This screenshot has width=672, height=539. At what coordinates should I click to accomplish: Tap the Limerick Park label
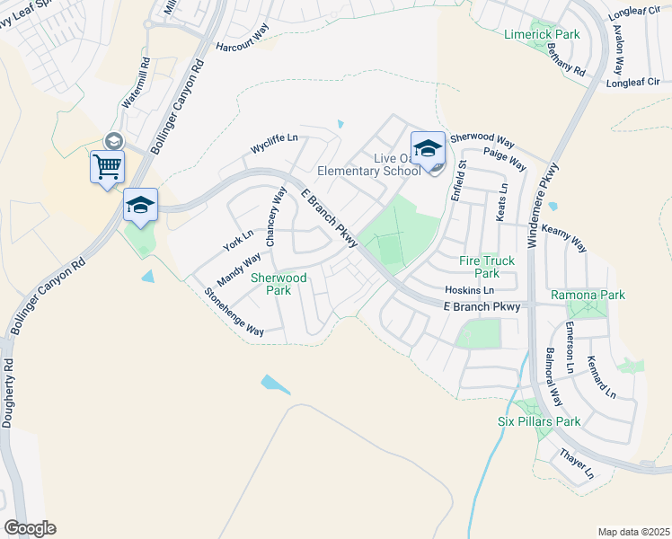click(542, 34)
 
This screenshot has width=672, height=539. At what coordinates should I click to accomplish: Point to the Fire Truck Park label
click(487, 267)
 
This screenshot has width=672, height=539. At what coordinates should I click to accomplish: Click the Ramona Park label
click(588, 295)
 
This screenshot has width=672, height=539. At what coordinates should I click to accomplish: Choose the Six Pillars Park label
click(539, 420)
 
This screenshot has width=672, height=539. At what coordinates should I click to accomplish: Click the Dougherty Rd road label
click(9, 393)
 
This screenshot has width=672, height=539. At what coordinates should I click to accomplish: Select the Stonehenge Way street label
click(234, 313)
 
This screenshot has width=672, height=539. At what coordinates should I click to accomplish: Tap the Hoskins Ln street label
click(470, 291)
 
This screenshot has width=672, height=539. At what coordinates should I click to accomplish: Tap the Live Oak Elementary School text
click(368, 164)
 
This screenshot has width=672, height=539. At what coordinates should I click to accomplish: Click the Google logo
click(30, 527)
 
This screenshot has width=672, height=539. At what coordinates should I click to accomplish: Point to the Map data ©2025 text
click(633, 532)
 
